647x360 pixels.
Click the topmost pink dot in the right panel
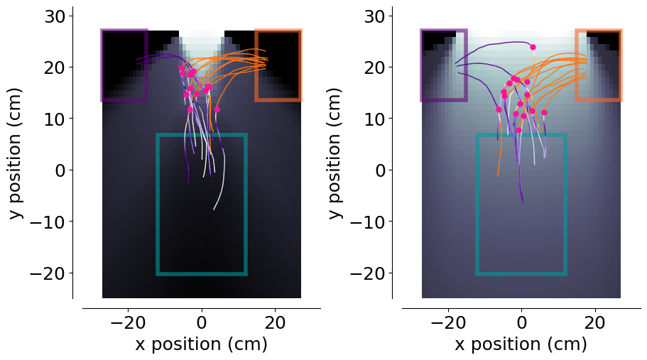point(533,47)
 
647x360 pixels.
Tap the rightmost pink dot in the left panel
point(217,109)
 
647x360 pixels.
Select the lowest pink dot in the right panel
point(518,131)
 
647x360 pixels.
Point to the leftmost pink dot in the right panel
point(499,109)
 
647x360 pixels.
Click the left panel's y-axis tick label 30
point(55,16)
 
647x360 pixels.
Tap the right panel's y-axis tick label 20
point(375,67)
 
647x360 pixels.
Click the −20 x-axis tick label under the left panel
point(128,322)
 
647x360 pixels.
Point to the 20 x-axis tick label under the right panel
point(595,322)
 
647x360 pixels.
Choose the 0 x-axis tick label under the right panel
point(521,322)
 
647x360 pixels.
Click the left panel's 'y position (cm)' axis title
point(16,153)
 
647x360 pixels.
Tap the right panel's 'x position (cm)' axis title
point(521,344)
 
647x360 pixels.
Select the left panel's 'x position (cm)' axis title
point(202,344)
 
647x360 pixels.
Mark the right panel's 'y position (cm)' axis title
point(335,153)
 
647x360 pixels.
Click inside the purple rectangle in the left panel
point(124,65)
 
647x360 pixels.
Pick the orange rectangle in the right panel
point(599,31)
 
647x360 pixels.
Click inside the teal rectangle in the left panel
point(202,204)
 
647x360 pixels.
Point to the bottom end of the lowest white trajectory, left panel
point(214,210)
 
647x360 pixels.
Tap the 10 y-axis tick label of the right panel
point(375,119)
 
